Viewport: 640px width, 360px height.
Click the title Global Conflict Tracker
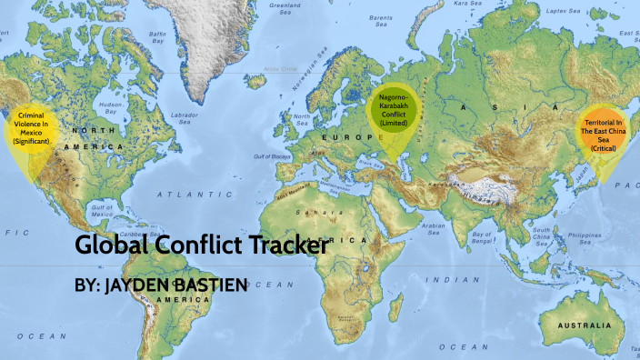200,245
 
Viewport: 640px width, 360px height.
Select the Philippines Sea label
586,239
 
